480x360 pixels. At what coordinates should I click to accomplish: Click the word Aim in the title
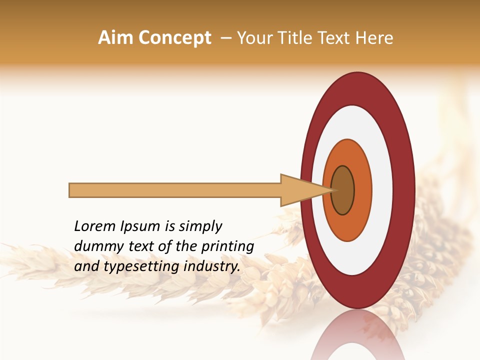116,38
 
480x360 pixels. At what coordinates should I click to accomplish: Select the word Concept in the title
174,38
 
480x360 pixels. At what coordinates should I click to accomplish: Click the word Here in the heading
375,38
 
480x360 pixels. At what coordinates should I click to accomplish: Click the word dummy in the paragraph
95,247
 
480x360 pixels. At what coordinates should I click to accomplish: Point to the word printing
227,247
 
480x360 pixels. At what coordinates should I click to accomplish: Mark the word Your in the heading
253,38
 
